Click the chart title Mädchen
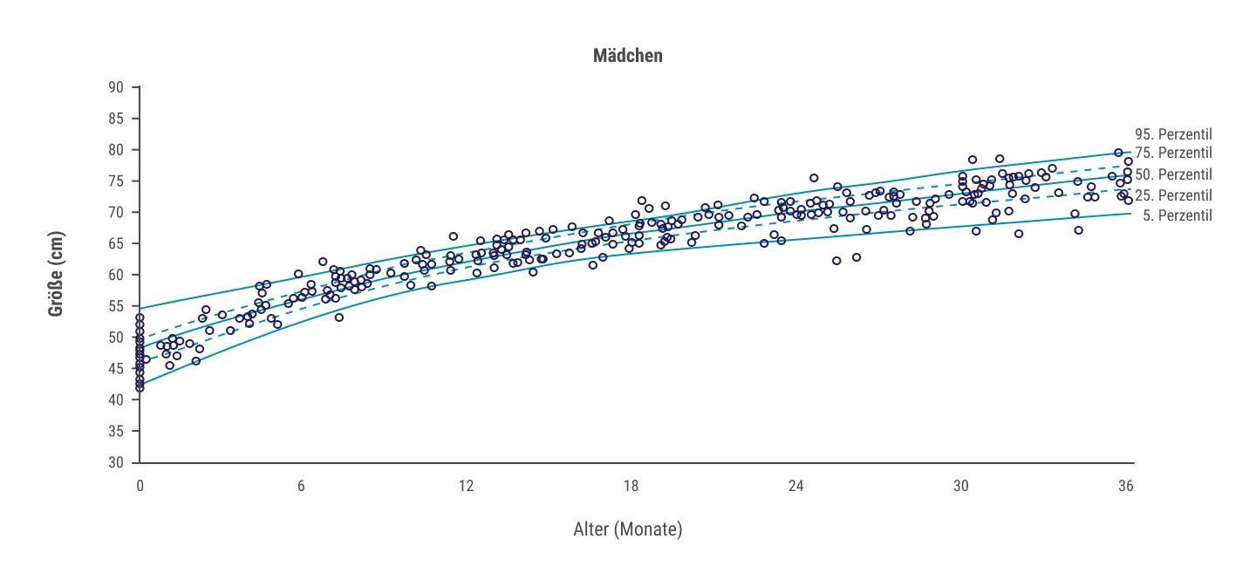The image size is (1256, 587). tap(627, 56)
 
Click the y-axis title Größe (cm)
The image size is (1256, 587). tap(56, 274)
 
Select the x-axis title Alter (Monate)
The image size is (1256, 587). tap(627, 529)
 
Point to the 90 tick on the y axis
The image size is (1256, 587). tap(116, 87)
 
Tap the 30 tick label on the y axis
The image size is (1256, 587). tap(116, 462)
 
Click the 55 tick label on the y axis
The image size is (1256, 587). tap(116, 306)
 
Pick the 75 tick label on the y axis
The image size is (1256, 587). tap(116, 181)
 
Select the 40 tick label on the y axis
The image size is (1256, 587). tap(116, 399)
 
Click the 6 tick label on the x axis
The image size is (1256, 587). tap(301, 486)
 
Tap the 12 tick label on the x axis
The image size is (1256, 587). tap(466, 486)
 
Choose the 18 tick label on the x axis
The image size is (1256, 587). tap(631, 486)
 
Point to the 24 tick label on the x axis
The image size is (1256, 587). tap(795, 486)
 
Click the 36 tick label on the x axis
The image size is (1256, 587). tap(1125, 486)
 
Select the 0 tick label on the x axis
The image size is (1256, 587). tap(140, 486)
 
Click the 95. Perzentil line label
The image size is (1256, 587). tap(1174, 134)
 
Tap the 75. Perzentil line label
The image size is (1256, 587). tap(1174, 153)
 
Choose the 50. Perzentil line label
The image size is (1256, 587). tap(1174, 175)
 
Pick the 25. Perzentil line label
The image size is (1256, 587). tap(1174, 195)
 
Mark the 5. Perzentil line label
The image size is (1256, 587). tap(1177, 215)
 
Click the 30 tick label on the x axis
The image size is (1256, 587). tap(960, 486)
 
